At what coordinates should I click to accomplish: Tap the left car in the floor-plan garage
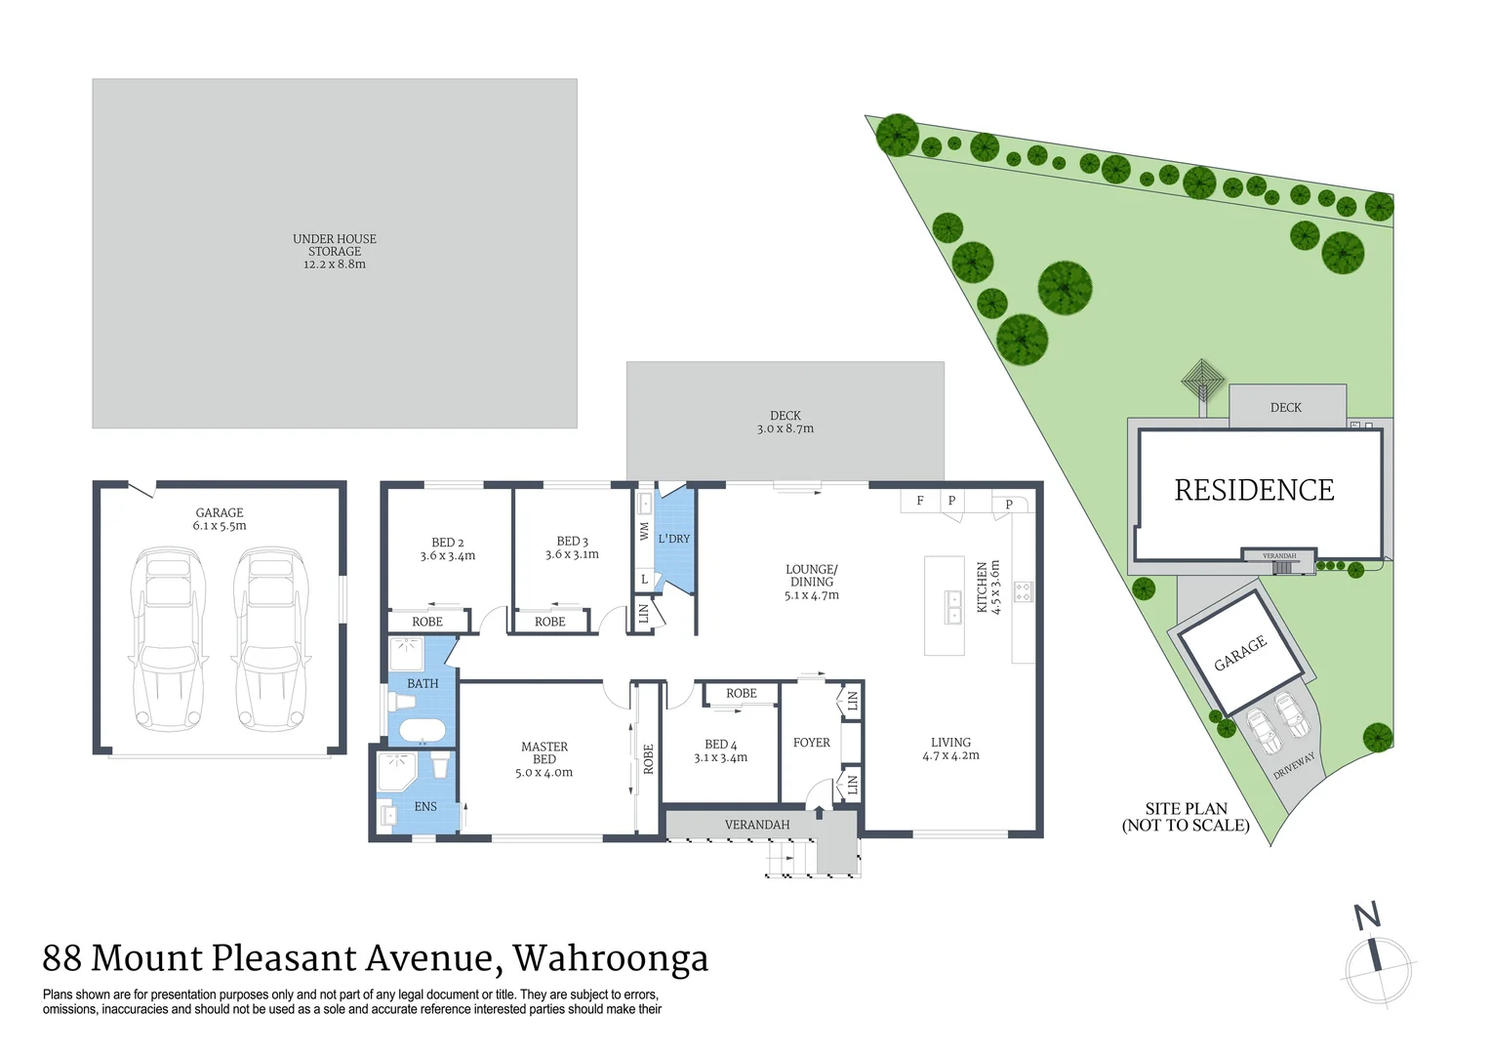[168, 639]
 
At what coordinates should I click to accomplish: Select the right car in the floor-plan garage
[269, 639]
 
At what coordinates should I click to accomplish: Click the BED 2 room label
[447, 543]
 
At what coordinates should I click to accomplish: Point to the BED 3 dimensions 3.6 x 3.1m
[572, 554]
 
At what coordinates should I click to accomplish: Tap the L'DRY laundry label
[673, 539]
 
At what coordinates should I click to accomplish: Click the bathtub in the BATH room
[422, 730]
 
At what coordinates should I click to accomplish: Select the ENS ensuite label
[425, 806]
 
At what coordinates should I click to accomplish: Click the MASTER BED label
[544, 752]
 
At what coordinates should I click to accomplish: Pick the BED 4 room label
[720, 745]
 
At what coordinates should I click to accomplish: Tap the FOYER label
[812, 743]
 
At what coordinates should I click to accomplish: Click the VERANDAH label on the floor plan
[757, 825]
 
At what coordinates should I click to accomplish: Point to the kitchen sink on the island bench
[951, 606]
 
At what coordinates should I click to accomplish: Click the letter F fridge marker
[920, 501]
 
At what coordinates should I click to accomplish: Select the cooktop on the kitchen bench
[1023, 591]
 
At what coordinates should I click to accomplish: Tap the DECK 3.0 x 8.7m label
[786, 422]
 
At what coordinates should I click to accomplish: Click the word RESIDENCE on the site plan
[1254, 490]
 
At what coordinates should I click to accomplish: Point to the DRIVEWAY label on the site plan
[1294, 765]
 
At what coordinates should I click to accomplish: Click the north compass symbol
[1377, 961]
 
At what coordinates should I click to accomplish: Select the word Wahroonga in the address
[611, 958]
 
